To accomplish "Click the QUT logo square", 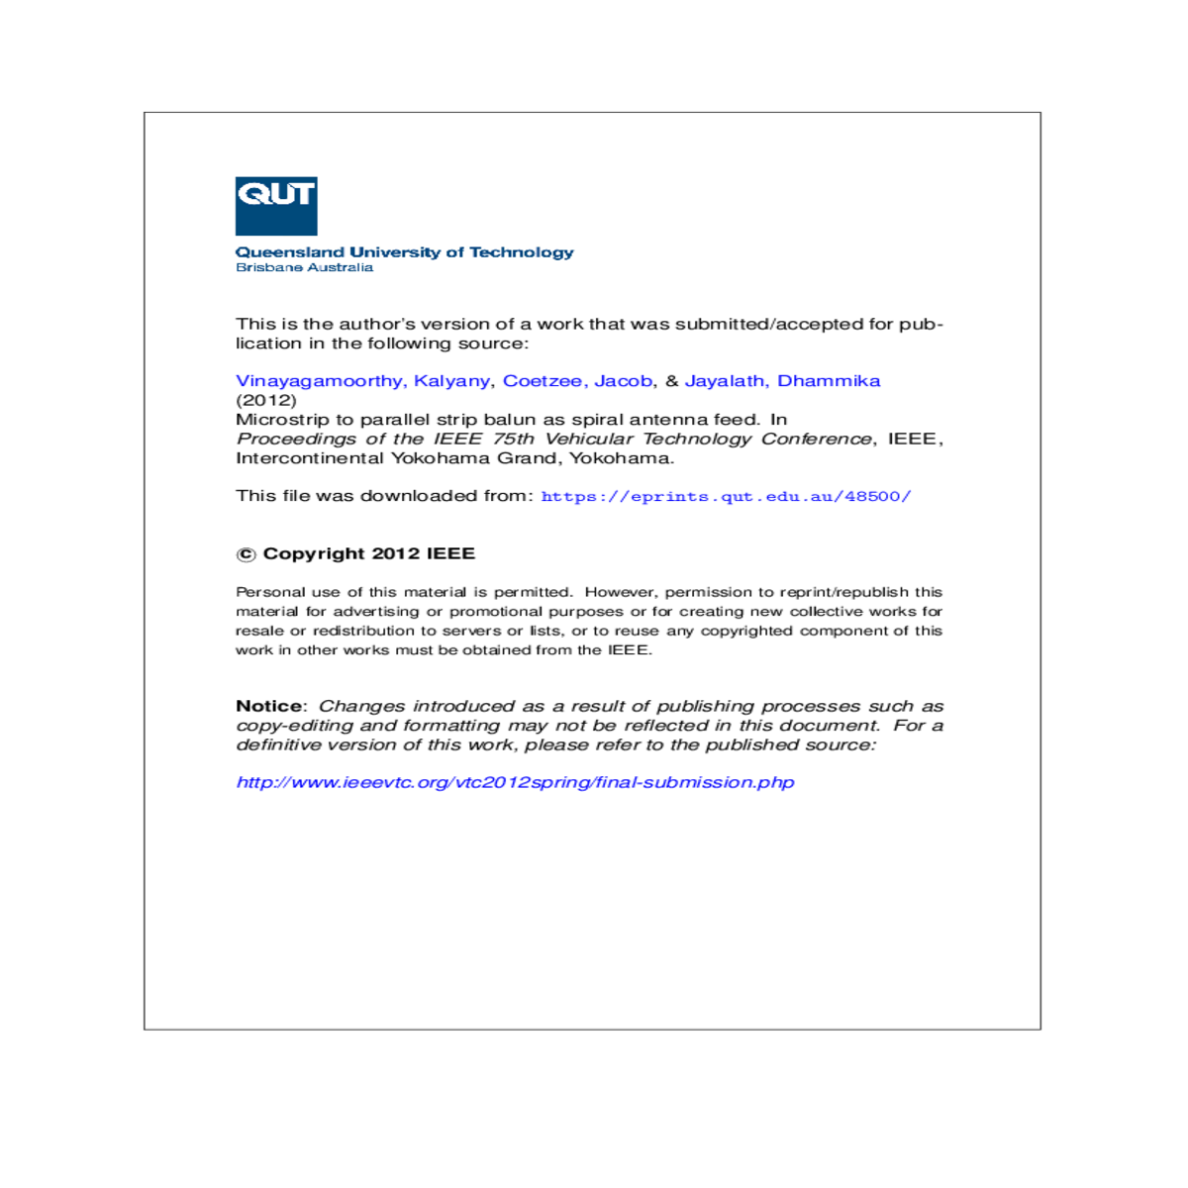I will pos(275,206).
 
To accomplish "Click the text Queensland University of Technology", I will pos(404,252).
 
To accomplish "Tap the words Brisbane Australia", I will pos(304,267).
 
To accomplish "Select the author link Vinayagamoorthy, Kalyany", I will pos(362,381).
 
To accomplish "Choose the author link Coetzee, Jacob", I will pos(577,381).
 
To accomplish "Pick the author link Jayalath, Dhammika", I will pos(782,381).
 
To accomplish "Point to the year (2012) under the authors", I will pos(265,400).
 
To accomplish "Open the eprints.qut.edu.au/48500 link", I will pos(726,496).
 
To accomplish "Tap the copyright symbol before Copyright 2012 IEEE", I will pos(246,554).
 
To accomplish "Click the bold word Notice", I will pos(269,706).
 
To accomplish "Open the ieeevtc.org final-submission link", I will pos(515,782).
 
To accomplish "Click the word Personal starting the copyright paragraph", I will pos(269,592).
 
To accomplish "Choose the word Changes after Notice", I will pos(361,706).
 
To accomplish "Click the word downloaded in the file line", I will pos(418,496).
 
